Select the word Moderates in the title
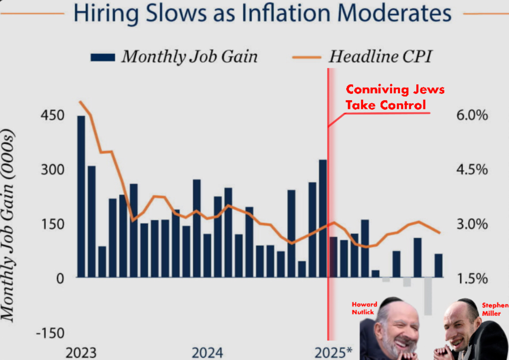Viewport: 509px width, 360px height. click(392, 13)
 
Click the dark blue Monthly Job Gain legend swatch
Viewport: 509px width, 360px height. click(103, 57)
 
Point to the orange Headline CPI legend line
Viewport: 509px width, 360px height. click(306, 57)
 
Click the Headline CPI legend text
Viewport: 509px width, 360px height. click(380, 57)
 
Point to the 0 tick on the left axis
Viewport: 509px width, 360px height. click(60, 278)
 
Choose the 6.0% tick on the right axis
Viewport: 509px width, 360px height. click(472, 116)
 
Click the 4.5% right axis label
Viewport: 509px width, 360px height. click(472, 170)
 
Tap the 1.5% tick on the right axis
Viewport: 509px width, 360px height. click(472, 278)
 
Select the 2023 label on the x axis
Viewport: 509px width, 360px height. click(81, 353)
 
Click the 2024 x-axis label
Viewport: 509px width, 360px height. click(207, 353)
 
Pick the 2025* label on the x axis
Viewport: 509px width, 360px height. click(333, 352)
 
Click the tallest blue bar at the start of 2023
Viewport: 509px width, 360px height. click(81, 196)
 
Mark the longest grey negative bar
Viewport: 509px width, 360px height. click(428, 296)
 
